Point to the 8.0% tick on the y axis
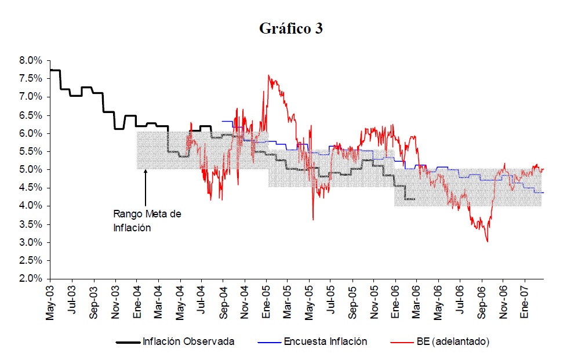pos(30,60)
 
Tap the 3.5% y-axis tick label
pos(30,224)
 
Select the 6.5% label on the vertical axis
pos(30,115)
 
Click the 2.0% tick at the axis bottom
pos(30,279)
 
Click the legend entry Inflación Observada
pos(188,341)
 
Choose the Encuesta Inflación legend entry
pos(325,341)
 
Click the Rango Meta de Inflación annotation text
pos(147,221)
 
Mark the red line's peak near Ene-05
pos(268,75)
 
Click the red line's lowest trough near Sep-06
pos(487,241)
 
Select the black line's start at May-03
pos(51,70)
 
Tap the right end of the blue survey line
pos(543,192)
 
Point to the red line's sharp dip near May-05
pos(313,219)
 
